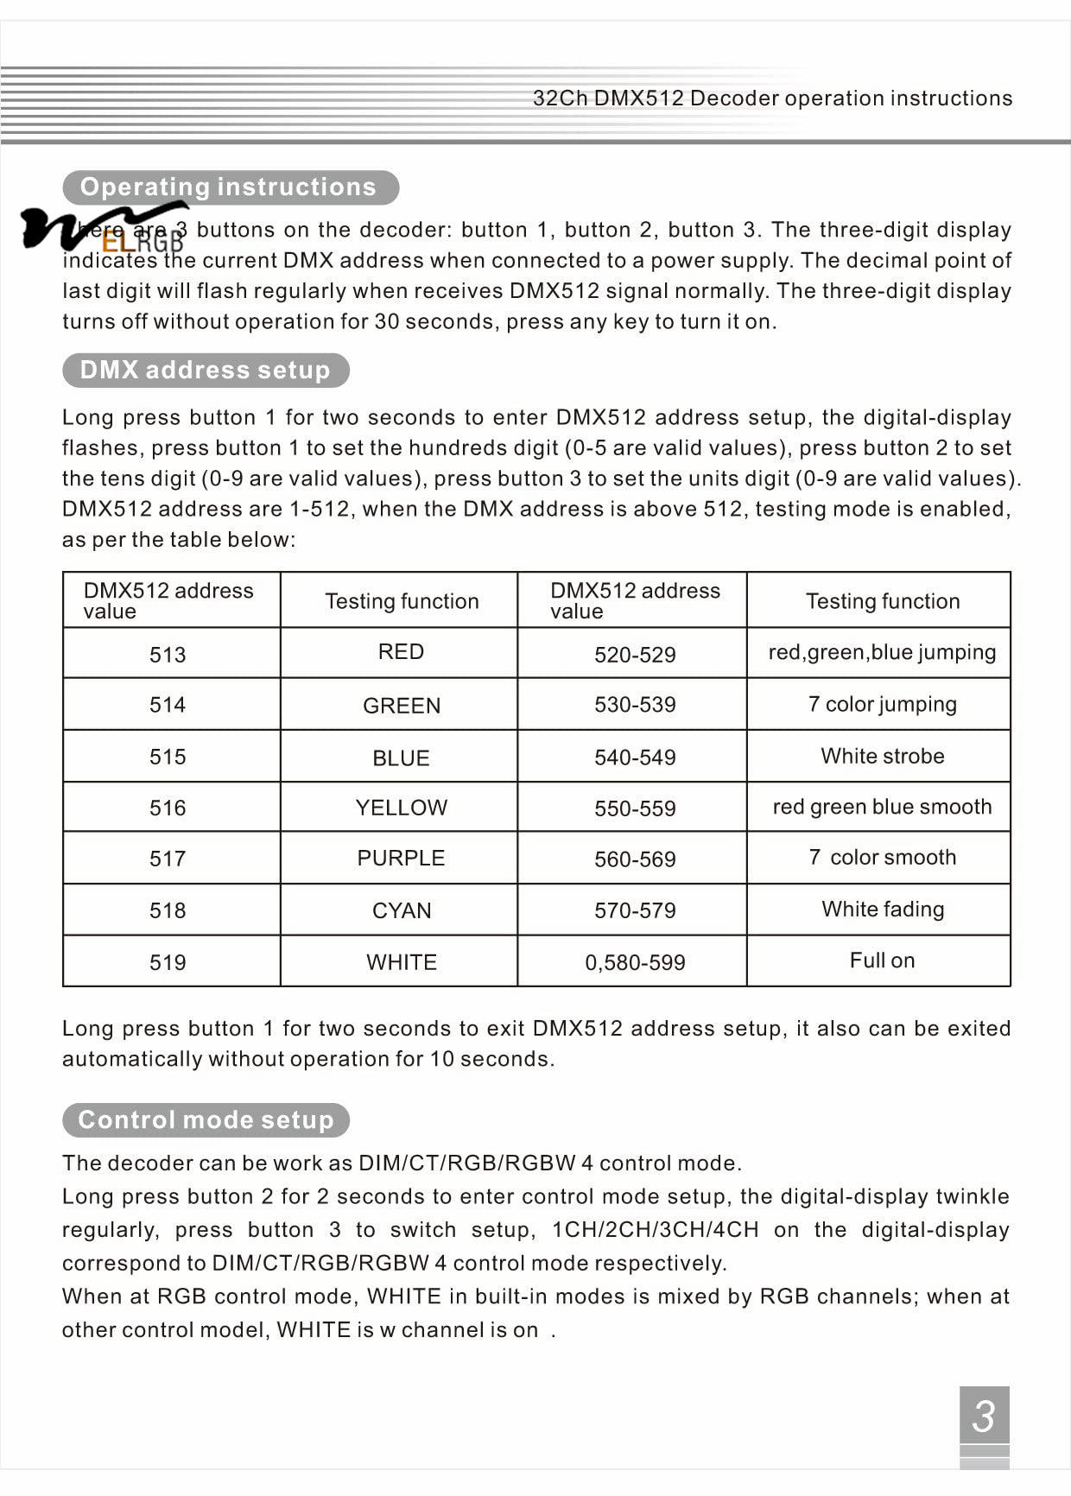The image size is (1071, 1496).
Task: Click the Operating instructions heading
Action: (229, 187)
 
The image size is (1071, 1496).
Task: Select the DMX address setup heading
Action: (206, 371)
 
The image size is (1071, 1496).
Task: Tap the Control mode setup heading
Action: (206, 1120)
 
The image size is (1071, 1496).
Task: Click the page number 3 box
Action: (984, 1416)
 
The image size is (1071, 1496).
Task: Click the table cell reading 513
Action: (168, 654)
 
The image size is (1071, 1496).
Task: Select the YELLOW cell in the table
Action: (402, 808)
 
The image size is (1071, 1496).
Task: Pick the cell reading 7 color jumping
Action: (882, 704)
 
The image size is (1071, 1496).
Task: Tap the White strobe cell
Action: (882, 756)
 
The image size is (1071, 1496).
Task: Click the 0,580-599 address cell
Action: (635, 962)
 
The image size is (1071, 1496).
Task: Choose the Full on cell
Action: (882, 960)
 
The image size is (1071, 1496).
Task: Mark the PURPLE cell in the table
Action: (402, 858)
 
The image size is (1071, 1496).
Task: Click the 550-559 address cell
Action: (635, 808)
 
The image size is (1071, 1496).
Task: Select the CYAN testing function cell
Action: (402, 910)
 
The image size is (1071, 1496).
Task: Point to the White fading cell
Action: (882, 909)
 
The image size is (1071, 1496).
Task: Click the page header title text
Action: (772, 98)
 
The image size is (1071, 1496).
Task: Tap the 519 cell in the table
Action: (168, 962)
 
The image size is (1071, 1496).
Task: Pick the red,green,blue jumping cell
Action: (882, 652)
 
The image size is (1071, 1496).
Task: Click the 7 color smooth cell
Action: (882, 857)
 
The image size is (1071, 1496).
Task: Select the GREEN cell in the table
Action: (402, 706)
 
